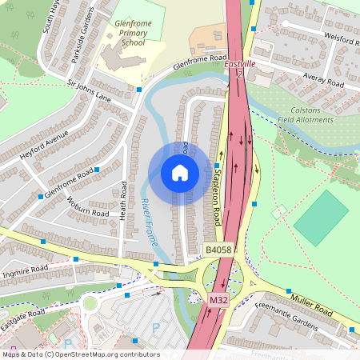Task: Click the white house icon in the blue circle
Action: click(x=179, y=173)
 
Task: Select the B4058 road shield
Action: click(x=216, y=250)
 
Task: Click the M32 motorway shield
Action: click(x=218, y=299)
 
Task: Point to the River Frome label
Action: click(x=150, y=221)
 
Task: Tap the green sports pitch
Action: click(x=322, y=217)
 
